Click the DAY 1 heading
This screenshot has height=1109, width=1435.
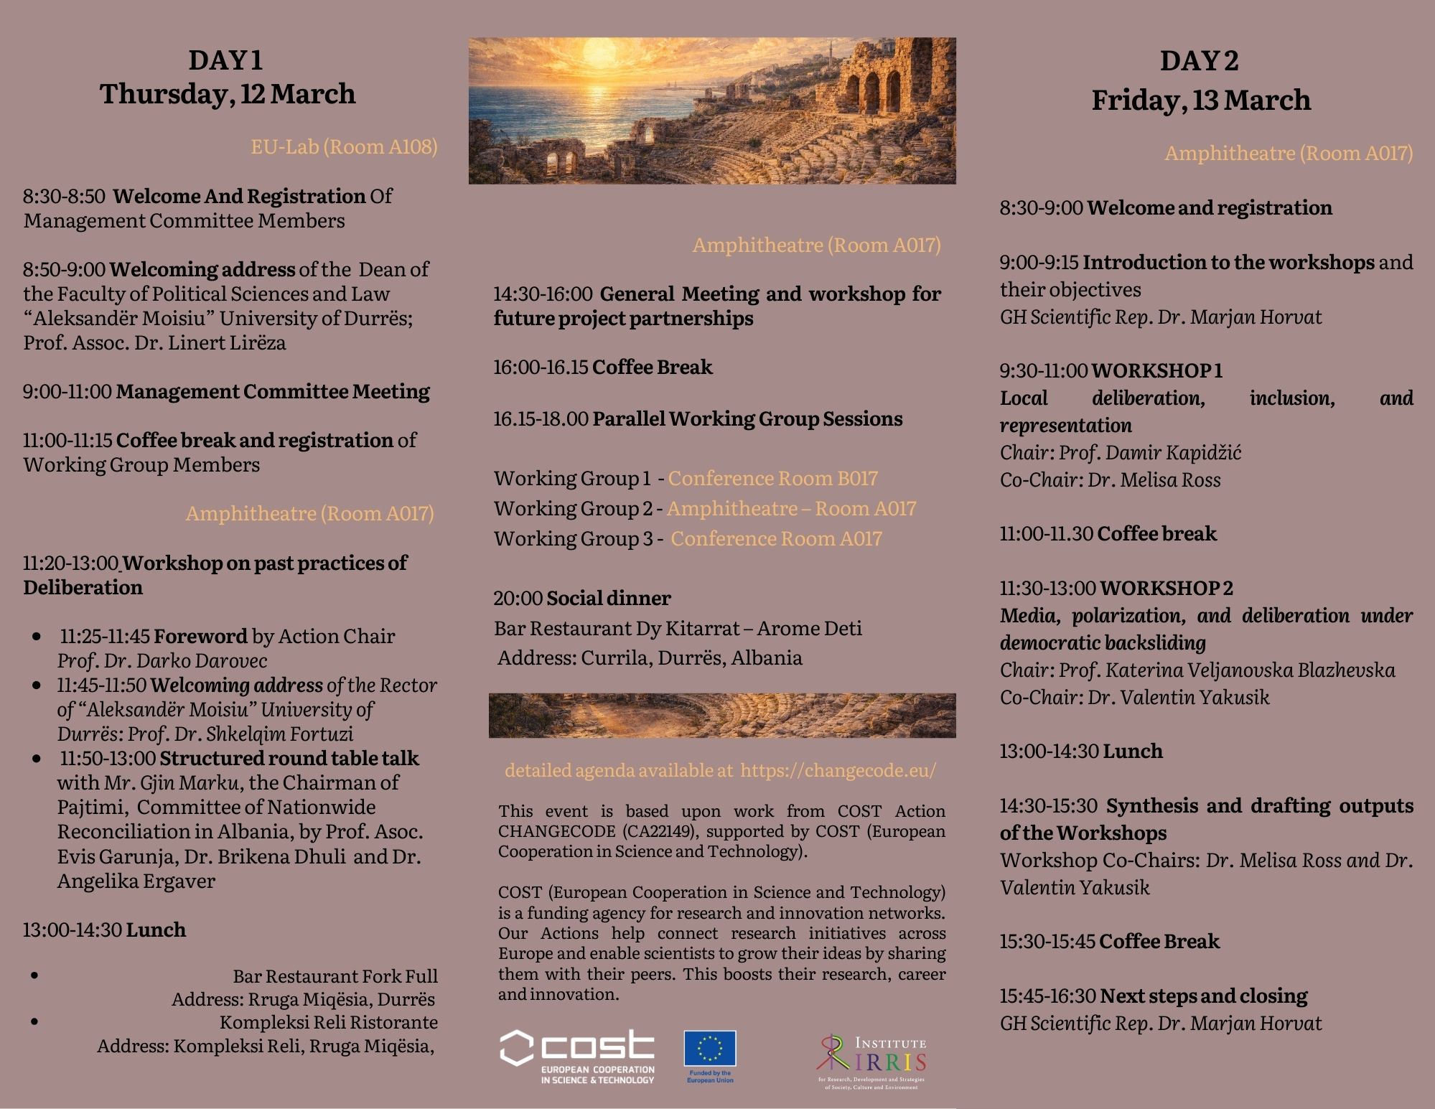point(225,60)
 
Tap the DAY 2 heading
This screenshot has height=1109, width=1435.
point(1200,61)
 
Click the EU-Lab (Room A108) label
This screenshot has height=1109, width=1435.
point(344,147)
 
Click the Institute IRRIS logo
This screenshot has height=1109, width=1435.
point(871,1061)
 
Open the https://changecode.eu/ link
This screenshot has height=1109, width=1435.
point(838,770)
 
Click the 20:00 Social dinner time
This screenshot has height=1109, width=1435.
point(518,598)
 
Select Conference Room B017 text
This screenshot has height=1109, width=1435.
point(772,478)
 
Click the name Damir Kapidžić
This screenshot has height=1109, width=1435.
point(1173,452)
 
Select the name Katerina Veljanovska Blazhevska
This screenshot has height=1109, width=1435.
point(1250,670)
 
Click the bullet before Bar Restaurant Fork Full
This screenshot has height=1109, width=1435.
point(35,975)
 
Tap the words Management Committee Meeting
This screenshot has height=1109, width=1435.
point(273,391)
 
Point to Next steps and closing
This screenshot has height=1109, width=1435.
point(1203,996)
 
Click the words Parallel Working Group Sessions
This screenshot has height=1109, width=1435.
point(747,418)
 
